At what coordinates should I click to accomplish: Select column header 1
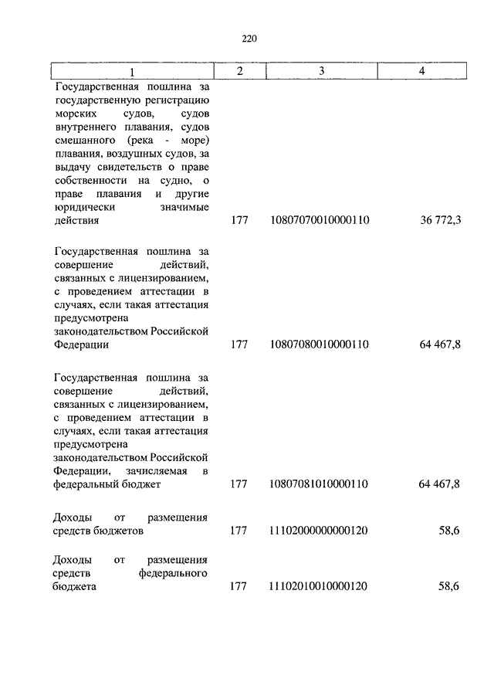[132, 72]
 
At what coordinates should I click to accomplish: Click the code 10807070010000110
[320, 220]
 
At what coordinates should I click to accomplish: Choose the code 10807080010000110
[320, 344]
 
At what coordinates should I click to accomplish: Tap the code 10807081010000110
[320, 484]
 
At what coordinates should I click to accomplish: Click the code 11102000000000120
[320, 531]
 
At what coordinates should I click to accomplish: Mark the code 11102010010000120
[320, 586]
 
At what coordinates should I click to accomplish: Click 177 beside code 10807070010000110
[239, 220]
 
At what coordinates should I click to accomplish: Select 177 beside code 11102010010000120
[239, 586]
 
